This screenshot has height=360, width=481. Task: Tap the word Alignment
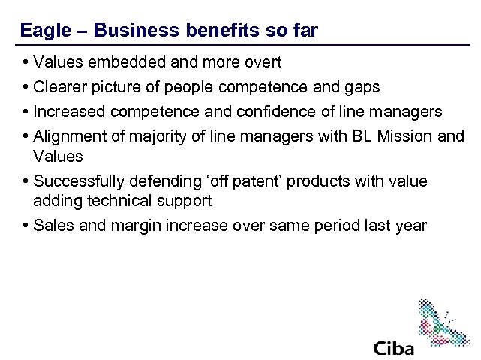coord(69,136)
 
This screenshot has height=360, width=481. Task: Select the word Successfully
coord(80,181)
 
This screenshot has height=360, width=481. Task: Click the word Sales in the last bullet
coord(53,225)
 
